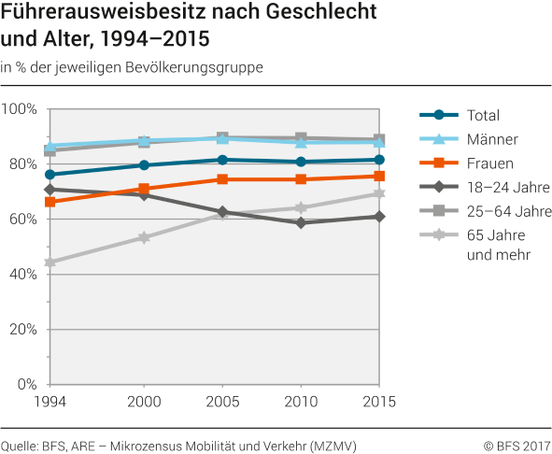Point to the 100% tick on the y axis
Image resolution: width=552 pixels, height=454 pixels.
pyautogui.click(x=20, y=109)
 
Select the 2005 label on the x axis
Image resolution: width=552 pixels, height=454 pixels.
pyautogui.click(x=221, y=402)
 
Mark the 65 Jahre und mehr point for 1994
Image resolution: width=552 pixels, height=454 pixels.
pyautogui.click(x=50, y=262)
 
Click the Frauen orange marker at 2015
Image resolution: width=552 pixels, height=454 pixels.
pyautogui.click(x=378, y=176)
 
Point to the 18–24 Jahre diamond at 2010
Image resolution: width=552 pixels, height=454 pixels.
pyautogui.click(x=301, y=223)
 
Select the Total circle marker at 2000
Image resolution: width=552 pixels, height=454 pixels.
pyautogui.click(x=144, y=165)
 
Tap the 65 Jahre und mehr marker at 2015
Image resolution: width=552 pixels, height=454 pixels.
pyautogui.click(x=378, y=193)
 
